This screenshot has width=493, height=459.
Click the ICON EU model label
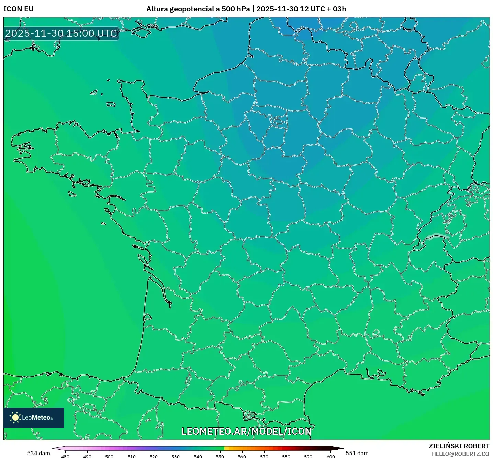[19, 9]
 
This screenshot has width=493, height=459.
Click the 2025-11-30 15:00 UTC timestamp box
[61, 33]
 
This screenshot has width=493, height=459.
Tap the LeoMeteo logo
[34, 417]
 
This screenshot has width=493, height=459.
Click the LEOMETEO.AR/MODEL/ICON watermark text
[246, 431]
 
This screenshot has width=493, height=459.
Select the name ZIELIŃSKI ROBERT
[459, 446]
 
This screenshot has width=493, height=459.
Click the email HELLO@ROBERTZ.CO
[460, 454]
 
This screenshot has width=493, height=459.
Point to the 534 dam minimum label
[38, 453]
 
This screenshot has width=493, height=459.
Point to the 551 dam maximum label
[357, 453]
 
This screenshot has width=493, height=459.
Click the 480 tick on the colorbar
[65, 456]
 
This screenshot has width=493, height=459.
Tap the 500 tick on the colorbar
[109, 456]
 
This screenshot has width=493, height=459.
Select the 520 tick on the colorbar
[154, 456]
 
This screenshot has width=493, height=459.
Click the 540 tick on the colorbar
[198, 456]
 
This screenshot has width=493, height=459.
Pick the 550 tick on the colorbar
[220, 456]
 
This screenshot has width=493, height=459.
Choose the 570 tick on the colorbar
[264, 456]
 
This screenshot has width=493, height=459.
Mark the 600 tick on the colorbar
[330, 456]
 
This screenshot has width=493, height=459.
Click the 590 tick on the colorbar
[308, 456]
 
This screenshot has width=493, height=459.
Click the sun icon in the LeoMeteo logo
[15, 417]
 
